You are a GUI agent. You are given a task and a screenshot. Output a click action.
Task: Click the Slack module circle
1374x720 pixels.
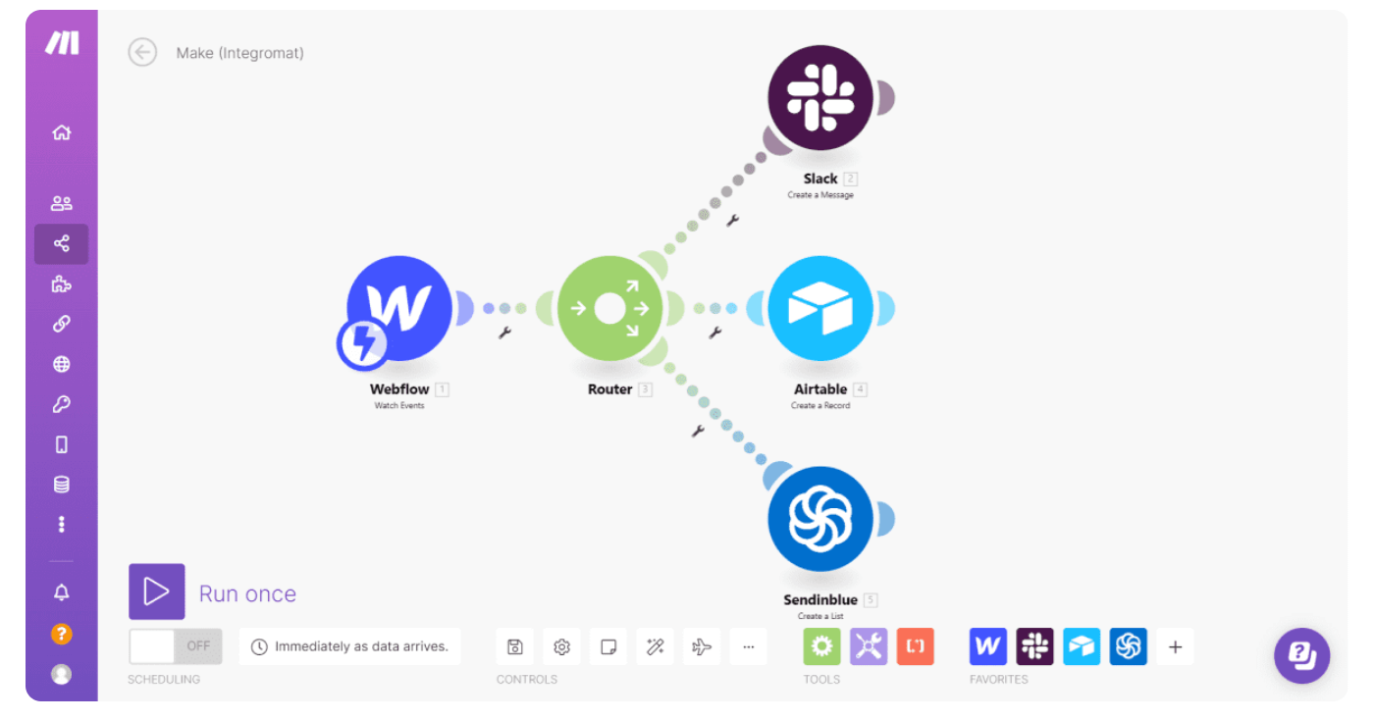(x=820, y=98)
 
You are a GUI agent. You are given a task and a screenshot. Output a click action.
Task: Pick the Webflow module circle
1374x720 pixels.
(x=400, y=307)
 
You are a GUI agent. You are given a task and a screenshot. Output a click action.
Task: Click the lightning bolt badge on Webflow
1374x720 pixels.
(x=362, y=342)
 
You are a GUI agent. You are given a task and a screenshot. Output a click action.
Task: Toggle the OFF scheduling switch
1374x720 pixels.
(x=176, y=646)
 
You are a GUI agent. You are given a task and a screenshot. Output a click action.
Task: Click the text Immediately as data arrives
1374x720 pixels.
(x=361, y=646)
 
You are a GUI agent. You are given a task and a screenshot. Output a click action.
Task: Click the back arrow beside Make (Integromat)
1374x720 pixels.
(x=142, y=52)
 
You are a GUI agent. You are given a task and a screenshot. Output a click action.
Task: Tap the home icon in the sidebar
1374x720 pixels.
(x=62, y=132)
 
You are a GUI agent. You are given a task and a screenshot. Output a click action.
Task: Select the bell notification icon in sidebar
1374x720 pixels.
(x=62, y=592)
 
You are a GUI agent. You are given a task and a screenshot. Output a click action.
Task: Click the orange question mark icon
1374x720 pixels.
(x=62, y=634)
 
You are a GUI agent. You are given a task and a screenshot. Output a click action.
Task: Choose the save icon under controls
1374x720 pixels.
(x=514, y=646)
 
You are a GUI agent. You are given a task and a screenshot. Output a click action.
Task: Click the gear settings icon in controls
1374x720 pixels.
(x=561, y=646)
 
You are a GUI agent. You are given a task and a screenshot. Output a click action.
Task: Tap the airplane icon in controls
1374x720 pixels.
(x=702, y=646)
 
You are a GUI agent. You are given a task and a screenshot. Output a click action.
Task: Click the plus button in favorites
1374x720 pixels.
(x=1175, y=646)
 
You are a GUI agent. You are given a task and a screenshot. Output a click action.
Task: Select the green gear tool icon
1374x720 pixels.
(x=821, y=646)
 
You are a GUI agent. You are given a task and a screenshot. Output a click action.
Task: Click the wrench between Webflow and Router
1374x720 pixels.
(x=504, y=333)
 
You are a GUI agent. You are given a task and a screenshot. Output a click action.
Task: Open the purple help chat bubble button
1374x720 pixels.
(x=1301, y=655)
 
